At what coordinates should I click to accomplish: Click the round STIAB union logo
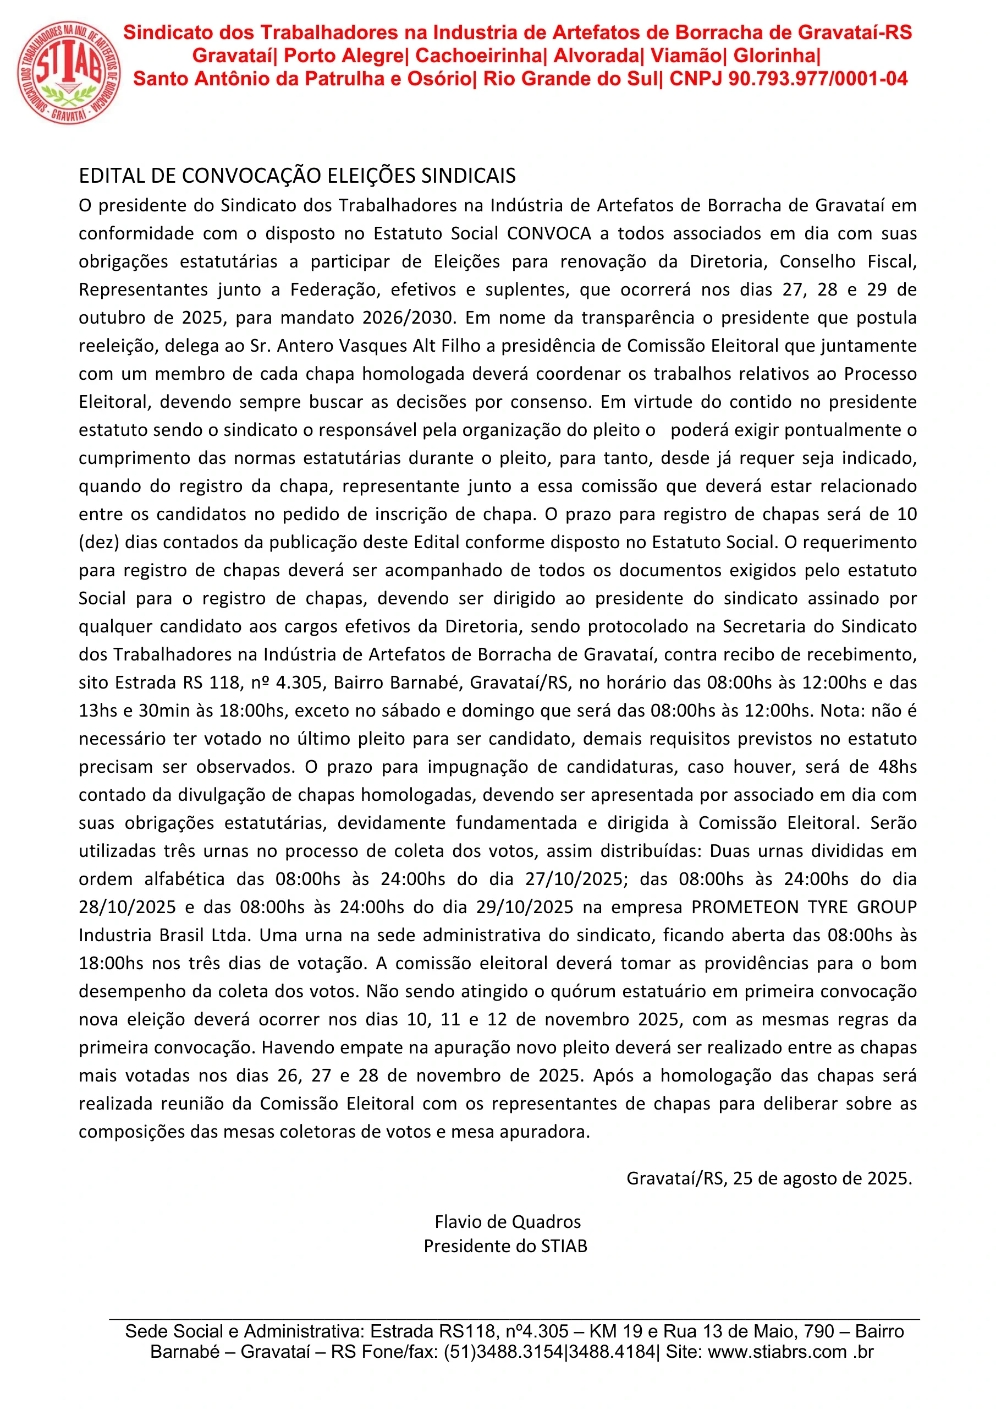tap(69, 73)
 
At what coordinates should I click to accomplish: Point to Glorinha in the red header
tap(775, 56)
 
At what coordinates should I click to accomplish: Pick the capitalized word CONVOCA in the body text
tap(549, 234)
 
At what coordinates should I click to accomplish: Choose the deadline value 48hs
tap(897, 767)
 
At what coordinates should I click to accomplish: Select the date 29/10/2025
tap(524, 908)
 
